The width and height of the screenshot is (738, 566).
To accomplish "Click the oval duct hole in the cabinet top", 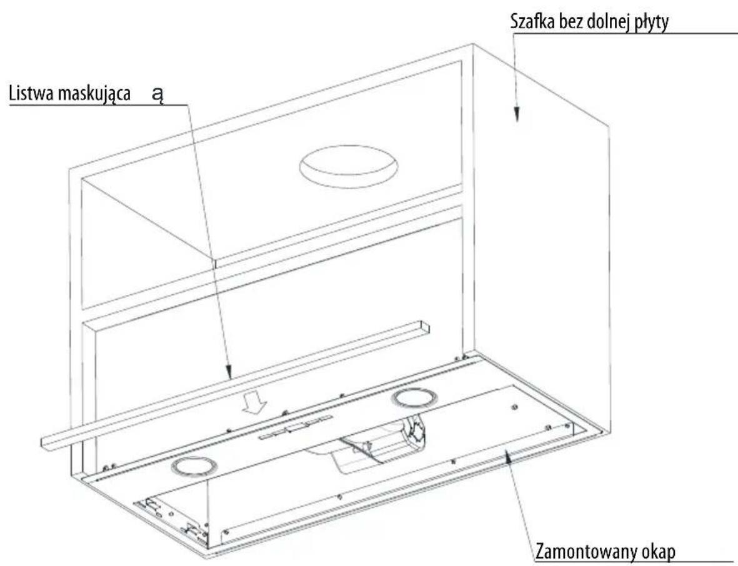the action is point(348,166).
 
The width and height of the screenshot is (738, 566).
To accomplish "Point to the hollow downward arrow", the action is point(254,404).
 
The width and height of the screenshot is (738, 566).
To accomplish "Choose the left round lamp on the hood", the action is point(192,467).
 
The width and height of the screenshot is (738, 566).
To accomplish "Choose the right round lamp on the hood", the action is point(414,399).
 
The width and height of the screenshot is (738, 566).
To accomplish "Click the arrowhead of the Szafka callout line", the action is point(516,114).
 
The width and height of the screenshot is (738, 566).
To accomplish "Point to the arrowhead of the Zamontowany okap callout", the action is point(507,457).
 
